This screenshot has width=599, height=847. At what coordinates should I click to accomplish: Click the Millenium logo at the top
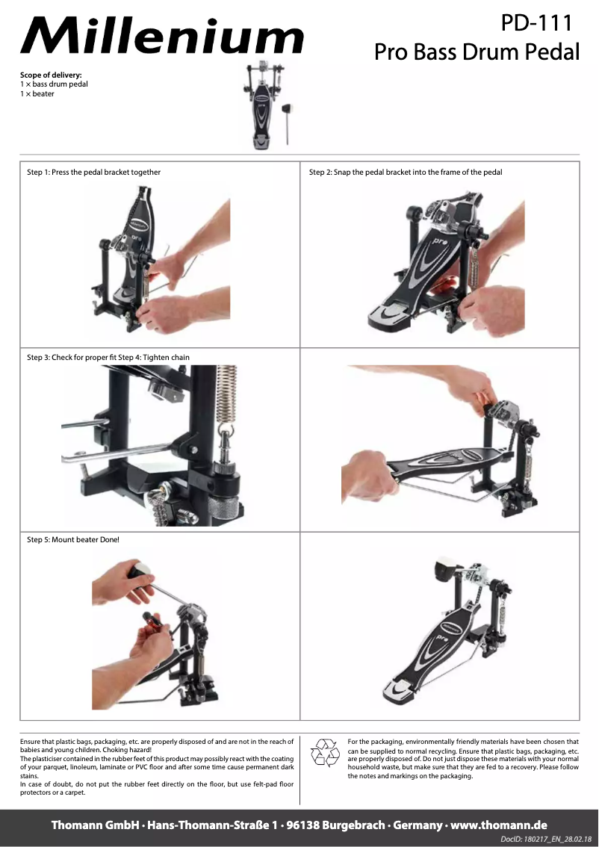(162, 36)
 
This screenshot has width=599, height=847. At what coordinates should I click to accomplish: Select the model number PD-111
(536, 22)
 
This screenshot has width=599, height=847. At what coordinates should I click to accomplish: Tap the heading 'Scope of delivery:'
(51, 75)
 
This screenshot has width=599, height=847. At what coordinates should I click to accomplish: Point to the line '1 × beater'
(37, 93)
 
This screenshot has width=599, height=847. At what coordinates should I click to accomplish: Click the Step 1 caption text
(93, 173)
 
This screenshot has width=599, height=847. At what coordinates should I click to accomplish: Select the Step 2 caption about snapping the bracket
(406, 173)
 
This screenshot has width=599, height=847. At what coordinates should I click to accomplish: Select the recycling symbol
(325, 752)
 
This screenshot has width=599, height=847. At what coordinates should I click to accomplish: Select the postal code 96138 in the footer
(303, 825)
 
